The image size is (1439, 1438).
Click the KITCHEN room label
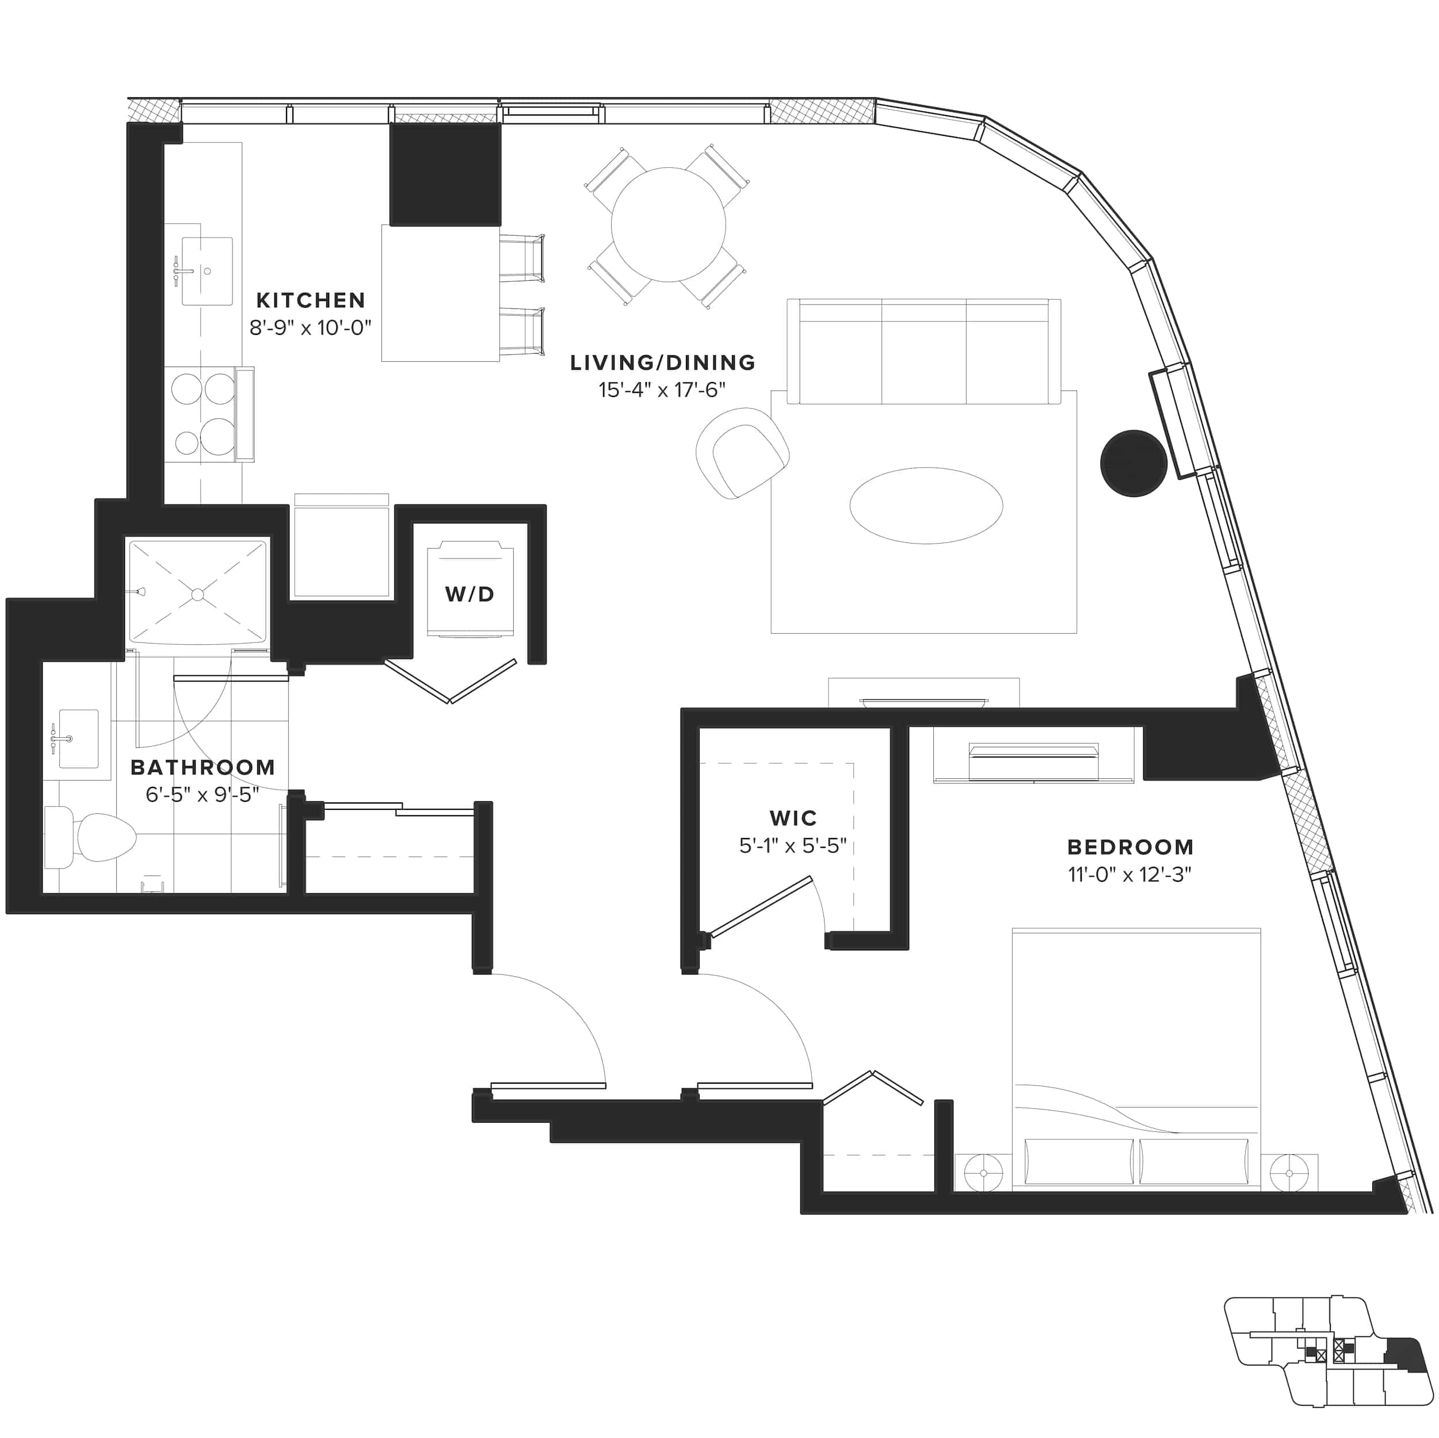(x=311, y=300)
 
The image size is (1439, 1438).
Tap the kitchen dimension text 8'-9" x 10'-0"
(x=310, y=328)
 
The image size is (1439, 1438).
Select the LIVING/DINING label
(x=663, y=363)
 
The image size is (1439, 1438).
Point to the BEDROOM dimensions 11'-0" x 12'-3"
(x=1129, y=874)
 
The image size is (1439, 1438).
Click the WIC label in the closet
(x=793, y=818)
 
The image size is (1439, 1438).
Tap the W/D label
(x=470, y=594)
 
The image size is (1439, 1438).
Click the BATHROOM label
(x=203, y=767)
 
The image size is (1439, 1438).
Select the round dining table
(x=668, y=224)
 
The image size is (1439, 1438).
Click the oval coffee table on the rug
(x=926, y=506)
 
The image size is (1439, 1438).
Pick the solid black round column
(x=1133, y=462)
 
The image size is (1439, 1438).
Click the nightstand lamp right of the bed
(x=1289, y=1173)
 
